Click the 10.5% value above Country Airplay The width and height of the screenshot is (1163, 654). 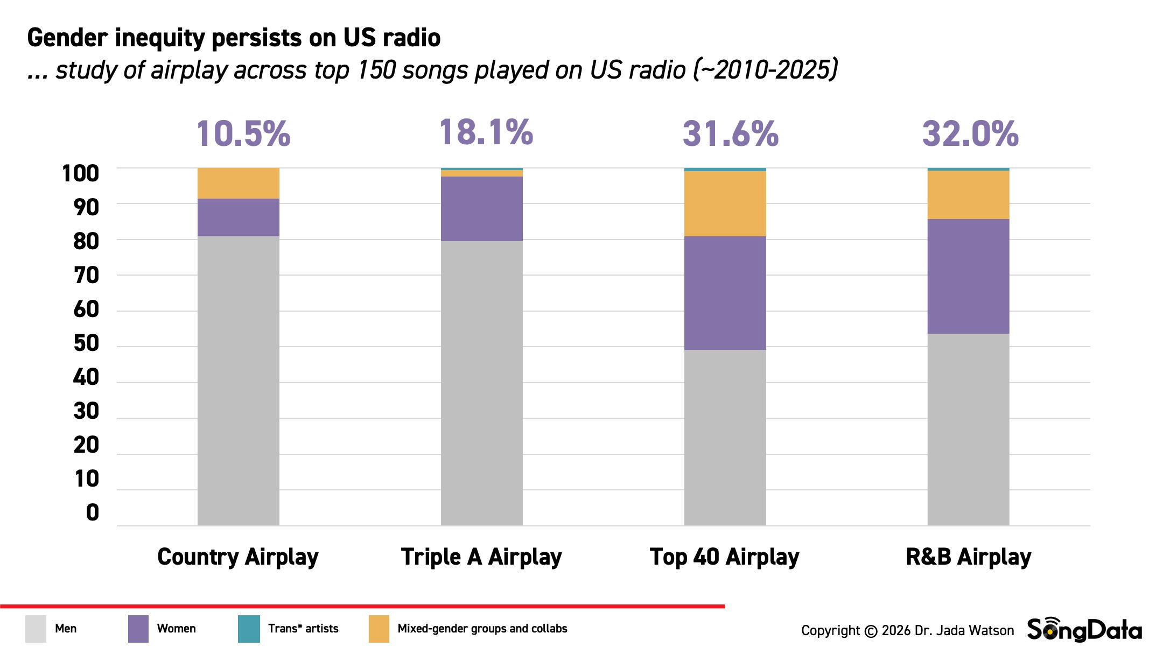(243, 134)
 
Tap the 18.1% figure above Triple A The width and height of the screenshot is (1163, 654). (486, 132)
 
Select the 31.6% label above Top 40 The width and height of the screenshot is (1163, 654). (730, 134)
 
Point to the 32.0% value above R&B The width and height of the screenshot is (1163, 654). (970, 134)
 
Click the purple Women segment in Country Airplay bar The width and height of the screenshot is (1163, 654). (238, 217)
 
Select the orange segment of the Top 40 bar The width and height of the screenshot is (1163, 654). (725, 203)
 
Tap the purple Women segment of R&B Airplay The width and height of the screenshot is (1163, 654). (968, 276)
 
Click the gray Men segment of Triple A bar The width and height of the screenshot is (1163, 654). (481, 383)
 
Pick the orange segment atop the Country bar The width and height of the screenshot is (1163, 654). (238, 183)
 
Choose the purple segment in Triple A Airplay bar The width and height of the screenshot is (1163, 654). (481, 208)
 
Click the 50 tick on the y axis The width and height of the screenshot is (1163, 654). (86, 343)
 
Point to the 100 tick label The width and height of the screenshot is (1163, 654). (81, 174)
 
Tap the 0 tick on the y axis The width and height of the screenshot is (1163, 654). (93, 513)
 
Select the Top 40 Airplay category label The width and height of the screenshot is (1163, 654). (724, 557)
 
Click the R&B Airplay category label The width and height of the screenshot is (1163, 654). (968, 557)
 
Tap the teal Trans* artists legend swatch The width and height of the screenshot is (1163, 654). (249, 629)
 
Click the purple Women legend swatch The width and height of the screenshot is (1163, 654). (138, 629)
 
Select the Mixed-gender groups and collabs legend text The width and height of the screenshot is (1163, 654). (482, 629)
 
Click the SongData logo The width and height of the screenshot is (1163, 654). (1084, 630)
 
